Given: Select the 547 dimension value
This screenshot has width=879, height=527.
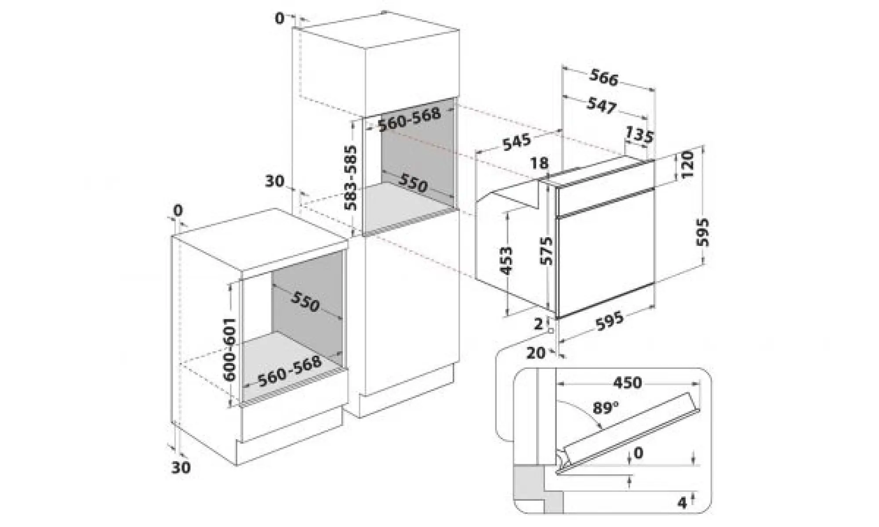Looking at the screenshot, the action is tap(602, 105).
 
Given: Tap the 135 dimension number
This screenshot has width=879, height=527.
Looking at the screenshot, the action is tap(639, 134).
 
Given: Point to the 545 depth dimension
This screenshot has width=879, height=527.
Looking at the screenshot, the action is tap(517, 142).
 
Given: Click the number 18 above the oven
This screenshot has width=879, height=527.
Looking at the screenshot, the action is tap(539, 163).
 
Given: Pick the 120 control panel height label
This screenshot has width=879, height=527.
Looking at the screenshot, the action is tap(687, 164).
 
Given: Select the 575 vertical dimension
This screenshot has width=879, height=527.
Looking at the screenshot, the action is tap(546, 251).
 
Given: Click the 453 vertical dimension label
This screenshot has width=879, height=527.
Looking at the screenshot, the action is tap(506, 261).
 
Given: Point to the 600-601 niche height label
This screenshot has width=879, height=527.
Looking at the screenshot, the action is tap(229, 349).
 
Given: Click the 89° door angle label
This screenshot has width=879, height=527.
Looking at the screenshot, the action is tap(605, 408).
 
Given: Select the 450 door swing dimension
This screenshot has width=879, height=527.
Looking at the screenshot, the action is tap(628, 383).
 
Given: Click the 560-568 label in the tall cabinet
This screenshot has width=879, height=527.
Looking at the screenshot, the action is tap(409, 119).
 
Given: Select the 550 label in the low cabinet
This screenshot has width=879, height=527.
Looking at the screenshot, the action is tap(305, 302).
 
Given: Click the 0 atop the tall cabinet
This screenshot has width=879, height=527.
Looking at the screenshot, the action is tap(280, 19).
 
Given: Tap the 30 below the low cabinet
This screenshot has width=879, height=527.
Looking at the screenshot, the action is tap(181, 467).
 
